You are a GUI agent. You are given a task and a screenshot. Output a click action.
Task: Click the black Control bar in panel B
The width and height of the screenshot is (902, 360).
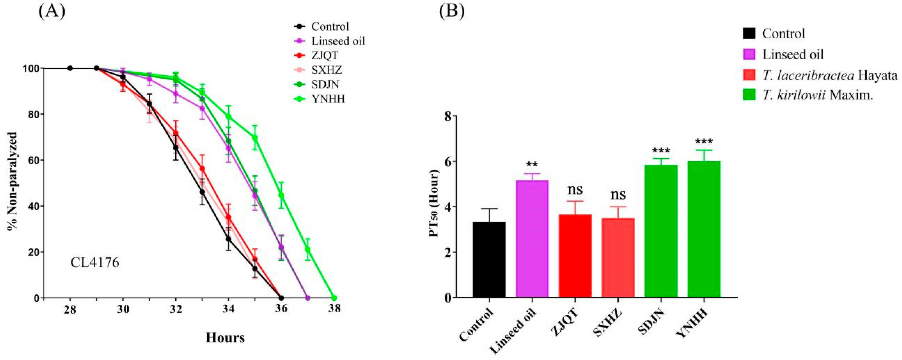tap(489, 259)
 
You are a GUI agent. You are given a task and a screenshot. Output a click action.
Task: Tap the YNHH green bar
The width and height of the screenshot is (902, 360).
tap(704, 229)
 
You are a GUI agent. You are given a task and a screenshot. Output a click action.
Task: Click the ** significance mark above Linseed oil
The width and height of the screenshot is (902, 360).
tap(532, 165)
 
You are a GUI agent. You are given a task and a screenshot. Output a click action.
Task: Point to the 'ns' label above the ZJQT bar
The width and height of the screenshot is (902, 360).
tap(575, 190)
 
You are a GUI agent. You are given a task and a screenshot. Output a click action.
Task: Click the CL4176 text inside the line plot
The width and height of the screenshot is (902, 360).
tap(95, 262)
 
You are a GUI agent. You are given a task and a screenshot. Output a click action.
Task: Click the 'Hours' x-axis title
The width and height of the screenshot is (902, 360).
tap(225, 338)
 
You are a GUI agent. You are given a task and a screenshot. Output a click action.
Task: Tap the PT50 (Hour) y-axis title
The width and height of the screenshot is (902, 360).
tap(434, 204)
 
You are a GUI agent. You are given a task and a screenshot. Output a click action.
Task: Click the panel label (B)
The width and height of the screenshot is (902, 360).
tap(451, 12)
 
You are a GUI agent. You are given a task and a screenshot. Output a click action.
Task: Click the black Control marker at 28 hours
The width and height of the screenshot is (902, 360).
tap(70, 68)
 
